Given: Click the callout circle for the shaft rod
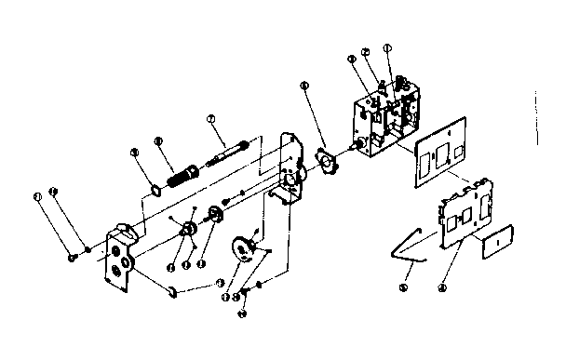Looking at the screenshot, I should click(x=211, y=118).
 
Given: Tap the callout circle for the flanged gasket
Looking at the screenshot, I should click(x=304, y=86).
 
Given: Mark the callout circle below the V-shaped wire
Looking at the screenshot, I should click(x=404, y=287).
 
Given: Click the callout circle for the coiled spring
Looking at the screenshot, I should click(x=159, y=140).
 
